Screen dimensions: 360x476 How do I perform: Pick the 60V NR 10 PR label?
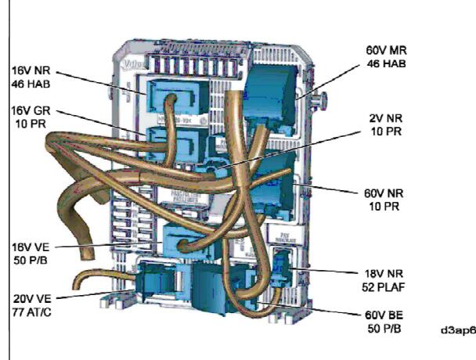pyautogui.click(x=383, y=199)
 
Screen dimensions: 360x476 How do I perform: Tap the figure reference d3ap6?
pyautogui.click(x=456, y=330)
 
